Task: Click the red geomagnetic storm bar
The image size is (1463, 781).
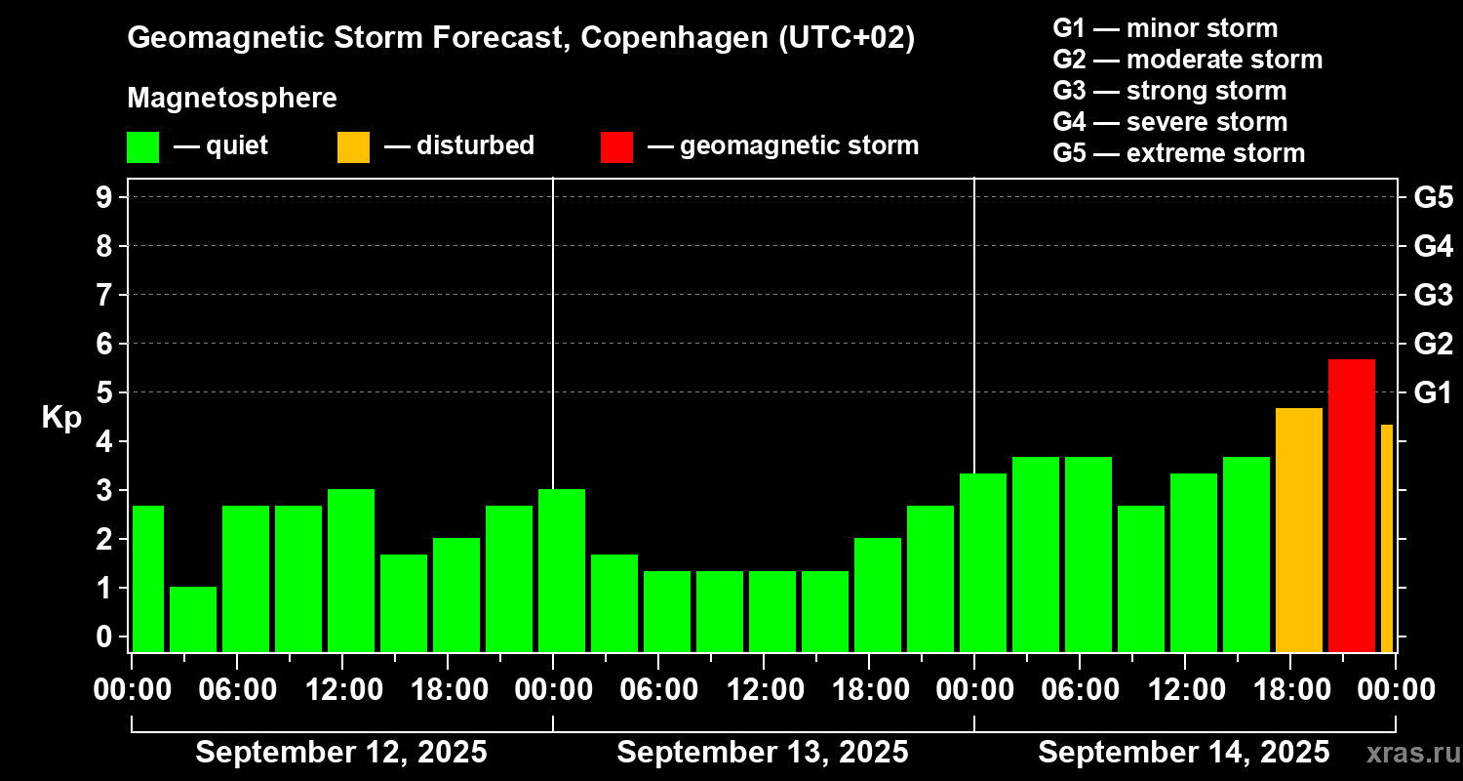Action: [x=1351, y=505]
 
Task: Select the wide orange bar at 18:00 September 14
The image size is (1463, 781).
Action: [x=1298, y=529]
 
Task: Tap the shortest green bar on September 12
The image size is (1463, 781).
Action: [x=193, y=619]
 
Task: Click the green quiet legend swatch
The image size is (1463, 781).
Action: [x=142, y=147]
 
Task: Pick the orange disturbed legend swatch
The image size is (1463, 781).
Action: [x=353, y=147]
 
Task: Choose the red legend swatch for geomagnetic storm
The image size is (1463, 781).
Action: [x=616, y=147]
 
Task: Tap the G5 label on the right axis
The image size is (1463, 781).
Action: [x=1433, y=197]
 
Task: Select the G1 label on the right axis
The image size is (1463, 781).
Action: [x=1433, y=392]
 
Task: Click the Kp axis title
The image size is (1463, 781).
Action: [x=60, y=418]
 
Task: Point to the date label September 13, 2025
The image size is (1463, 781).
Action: [x=763, y=752]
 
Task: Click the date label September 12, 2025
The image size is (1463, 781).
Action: [x=341, y=752]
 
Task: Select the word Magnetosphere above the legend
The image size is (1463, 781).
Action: [x=232, y=99]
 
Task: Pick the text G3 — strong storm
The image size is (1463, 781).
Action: [x=1169, y=91]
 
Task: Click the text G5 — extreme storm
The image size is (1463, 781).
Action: [x=1178, y=153]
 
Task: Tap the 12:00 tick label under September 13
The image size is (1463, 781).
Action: [x=764, y=689]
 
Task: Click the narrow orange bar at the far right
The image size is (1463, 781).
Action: [x=1386, y=538]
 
